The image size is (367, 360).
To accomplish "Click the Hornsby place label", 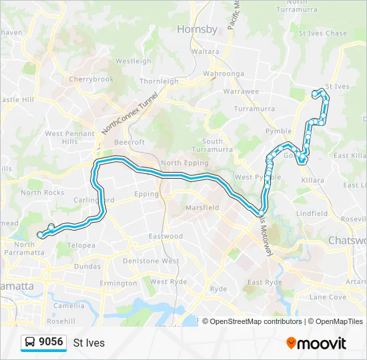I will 197,29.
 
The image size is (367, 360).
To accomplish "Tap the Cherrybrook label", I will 91,79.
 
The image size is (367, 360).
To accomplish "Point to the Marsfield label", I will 202,207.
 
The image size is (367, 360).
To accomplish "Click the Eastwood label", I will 165,236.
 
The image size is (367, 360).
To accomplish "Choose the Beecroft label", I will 129,142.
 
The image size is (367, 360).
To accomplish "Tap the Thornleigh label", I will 159,81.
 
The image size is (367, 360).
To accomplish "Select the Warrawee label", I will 240,91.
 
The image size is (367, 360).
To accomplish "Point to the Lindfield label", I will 312,213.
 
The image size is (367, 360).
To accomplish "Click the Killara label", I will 312,181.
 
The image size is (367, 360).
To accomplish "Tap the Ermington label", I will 117,283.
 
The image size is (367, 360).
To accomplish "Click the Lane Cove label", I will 327,297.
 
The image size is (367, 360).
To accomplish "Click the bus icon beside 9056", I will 31,343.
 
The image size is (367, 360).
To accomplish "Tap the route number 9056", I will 51,342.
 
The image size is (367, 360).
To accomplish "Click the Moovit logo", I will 316,343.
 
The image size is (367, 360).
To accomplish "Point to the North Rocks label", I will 42,192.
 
